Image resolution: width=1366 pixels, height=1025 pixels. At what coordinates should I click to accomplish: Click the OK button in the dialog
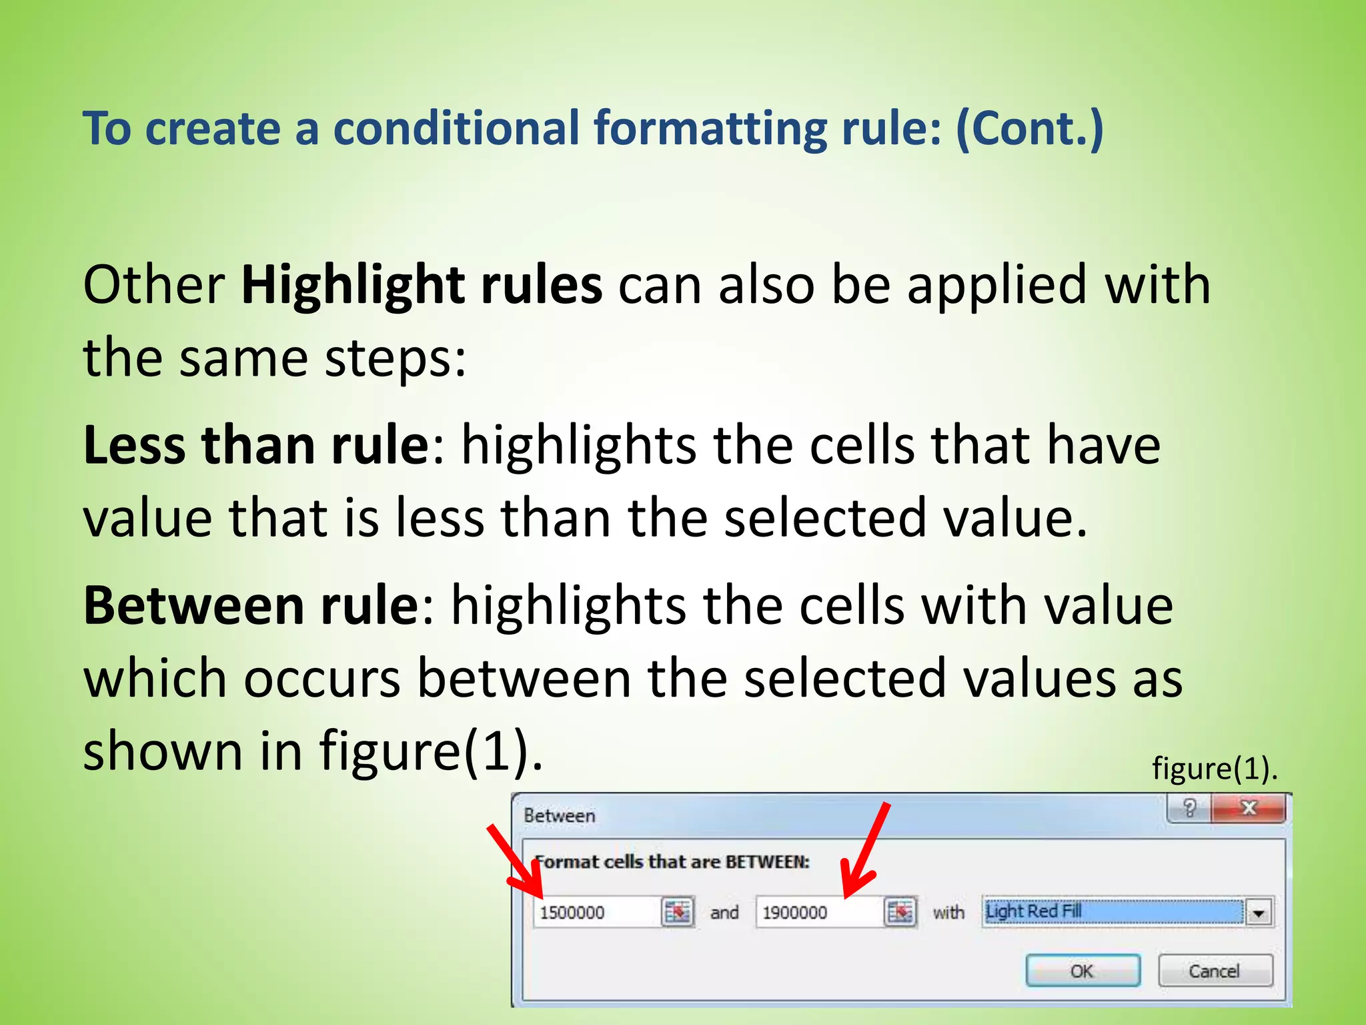tap(1082, 971)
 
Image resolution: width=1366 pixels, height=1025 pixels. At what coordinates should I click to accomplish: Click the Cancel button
tap(1215, 971)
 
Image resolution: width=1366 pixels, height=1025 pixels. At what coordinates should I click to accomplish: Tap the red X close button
tap(1248, 808)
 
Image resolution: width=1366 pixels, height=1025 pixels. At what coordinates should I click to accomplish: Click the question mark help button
tap(1189, 808)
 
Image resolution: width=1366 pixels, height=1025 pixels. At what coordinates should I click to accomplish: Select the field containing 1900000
tap(818, 912)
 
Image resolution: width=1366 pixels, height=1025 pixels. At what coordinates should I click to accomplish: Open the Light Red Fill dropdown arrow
tap(1259, 912)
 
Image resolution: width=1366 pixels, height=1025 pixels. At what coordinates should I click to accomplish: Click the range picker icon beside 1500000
tap(678, 912)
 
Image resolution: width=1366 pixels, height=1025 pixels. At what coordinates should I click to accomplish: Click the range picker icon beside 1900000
tap(900, 912)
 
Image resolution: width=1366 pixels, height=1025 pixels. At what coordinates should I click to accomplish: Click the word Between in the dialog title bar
tap(559, 815)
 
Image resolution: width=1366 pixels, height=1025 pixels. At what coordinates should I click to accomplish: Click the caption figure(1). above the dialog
tap(1214, 768)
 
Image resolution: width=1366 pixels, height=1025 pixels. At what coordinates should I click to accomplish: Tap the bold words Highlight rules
tap(422, 285)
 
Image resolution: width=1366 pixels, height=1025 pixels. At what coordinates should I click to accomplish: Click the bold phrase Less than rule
tap(256, 445)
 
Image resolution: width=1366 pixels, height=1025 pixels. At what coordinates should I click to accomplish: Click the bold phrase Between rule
tap(251, 605)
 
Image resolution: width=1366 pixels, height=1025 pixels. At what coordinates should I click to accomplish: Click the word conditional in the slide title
tap(456, 128)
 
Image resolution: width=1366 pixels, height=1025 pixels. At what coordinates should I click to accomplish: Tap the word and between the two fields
tap(724, 912)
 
